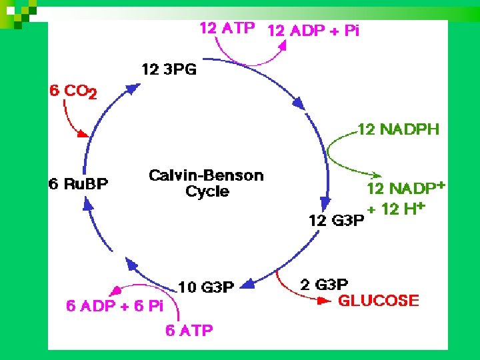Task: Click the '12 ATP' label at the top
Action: click(x=227, y=29)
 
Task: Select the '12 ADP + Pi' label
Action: click(x=313, y=31)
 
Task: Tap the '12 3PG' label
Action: click(x=169, y=69)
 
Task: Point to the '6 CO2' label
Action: click(x=73, y=92)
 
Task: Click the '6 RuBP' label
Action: click(x=78, y=183)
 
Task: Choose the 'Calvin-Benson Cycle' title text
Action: click(x=206, y=183)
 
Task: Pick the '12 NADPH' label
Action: click(x=399, y=129)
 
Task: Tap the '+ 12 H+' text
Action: click(x=396, y=209)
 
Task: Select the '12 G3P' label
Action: click(x=337, y=221)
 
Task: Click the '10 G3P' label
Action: click(x=206, y=287)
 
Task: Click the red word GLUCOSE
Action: click(x=379, y=301)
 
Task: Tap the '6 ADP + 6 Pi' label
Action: click(x=115, y=306)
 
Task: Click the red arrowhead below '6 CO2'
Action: click(x=83, y=133)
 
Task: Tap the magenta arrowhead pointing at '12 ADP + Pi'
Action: click(x=284, y=45)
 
